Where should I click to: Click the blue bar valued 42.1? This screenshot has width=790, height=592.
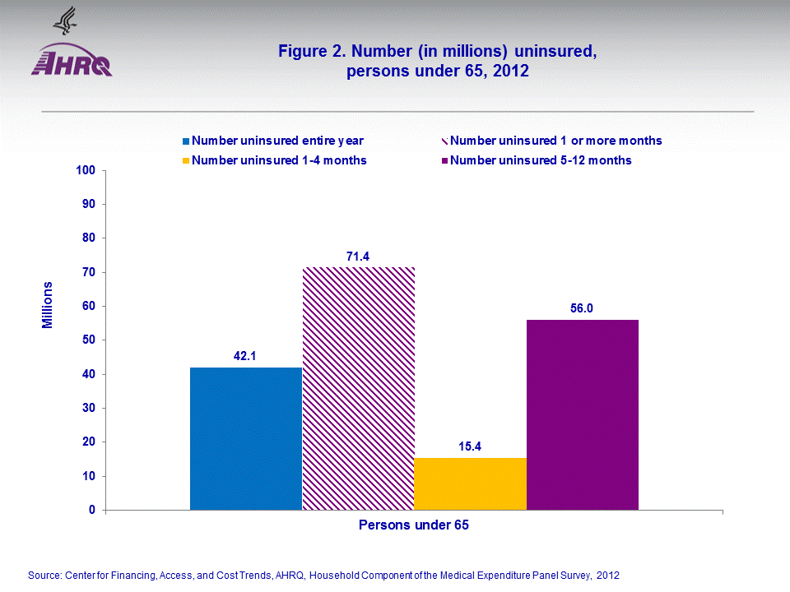[x=246, y=438]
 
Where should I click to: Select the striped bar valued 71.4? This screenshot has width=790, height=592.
[x=358, y=388]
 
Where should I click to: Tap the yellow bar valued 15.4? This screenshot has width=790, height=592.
[x=470, y=483]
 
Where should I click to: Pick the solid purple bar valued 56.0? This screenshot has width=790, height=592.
[x=582, y=414]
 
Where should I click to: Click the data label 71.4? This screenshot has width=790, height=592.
[x=358, y=257]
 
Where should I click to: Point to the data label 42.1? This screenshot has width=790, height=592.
[x=246, y=356]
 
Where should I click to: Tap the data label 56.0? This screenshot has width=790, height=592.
[x=582, y=308]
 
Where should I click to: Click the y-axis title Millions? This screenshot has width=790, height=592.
[x=48, y=305]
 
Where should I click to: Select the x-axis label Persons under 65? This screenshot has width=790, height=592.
[x=414, y=525]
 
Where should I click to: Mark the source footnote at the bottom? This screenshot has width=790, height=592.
[x=323, y=575]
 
